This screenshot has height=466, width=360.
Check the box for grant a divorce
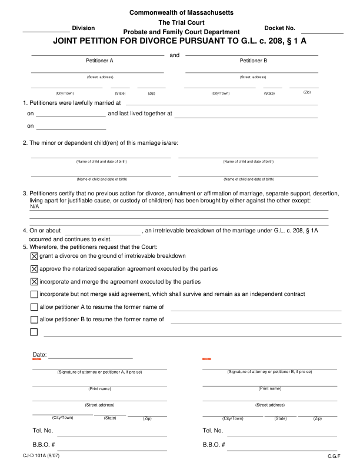tap(34, 256)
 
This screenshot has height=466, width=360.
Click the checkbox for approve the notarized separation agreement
tap(34, 269)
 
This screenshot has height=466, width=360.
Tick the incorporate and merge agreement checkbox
tap(34, 281)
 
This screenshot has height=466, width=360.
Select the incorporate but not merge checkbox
tap(34, 294)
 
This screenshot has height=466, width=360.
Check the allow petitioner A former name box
tap(34, 307)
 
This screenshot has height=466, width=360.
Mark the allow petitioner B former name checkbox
tap(34, 319)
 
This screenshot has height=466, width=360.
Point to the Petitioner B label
tap(254, 61)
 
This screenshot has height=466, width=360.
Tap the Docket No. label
tap(280, 28)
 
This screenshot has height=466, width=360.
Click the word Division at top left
tap(83, 28)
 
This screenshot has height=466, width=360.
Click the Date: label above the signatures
tap(39, 355)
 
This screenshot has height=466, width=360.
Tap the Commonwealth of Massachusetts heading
tap(181, 12)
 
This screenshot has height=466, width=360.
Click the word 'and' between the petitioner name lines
tap(174, 55)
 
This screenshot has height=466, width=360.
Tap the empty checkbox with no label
tap(34, 332)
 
